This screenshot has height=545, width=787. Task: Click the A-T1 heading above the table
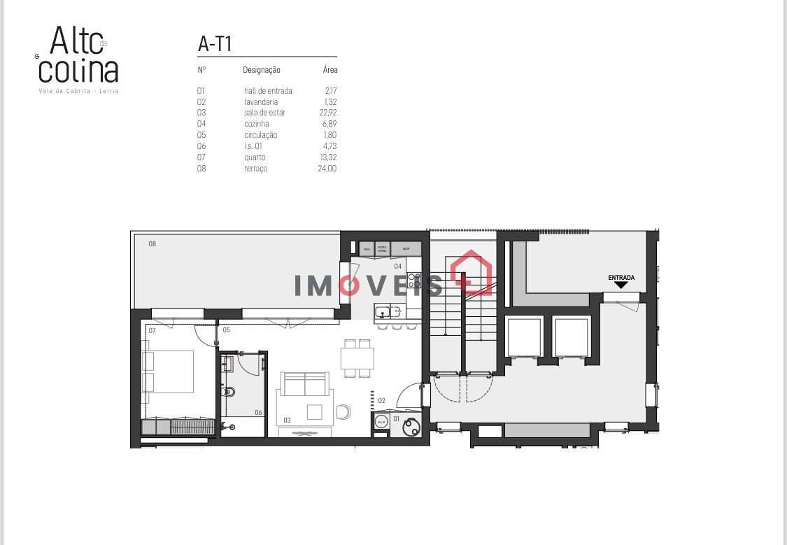tap(215, 44)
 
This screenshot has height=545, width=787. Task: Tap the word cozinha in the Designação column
tap(257, 124)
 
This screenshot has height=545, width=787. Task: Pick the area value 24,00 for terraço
tap(327, 169)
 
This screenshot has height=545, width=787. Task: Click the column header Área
tap(330, 70)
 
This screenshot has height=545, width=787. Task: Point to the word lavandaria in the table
tap(261, 101)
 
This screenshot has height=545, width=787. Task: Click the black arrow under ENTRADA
tap(621, 285)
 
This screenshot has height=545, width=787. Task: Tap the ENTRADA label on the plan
tap(621, 278)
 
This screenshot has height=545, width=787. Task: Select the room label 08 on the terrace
tap(152, 244)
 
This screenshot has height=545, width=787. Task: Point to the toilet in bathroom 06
tap(227, 393)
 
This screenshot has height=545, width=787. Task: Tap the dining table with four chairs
tap(357, 358)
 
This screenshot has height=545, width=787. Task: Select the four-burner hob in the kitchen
tap(413, 281)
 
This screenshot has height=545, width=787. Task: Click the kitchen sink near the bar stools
tap(382, 312)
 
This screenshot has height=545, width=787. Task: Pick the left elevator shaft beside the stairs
tap(525, 337)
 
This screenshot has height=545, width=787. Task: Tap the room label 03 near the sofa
tap(287, 420)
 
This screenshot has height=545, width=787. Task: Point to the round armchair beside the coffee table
tap(343, 411)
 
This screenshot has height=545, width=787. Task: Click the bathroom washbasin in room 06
tap(227, 362)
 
